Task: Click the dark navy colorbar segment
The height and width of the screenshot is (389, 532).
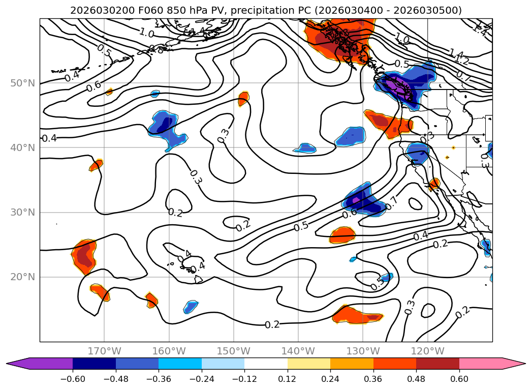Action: point(94,363)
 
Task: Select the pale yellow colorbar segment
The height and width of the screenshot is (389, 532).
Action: point(309,363)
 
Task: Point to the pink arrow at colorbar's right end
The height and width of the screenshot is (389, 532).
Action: point(513,363)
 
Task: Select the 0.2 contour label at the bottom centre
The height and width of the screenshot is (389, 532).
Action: point(272,324)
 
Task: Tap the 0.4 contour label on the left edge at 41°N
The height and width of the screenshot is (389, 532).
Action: point(49,138)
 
